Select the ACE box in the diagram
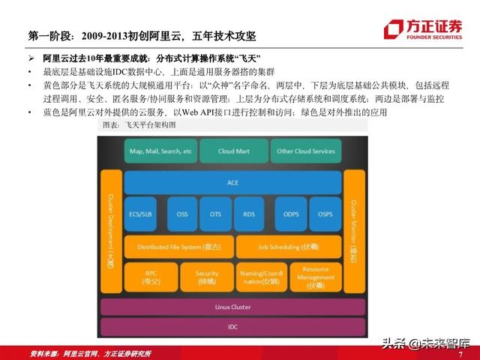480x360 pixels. click(x=232, y=182)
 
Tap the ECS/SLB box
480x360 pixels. click(x=140, y=214)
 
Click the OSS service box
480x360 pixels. click(x=182, y=214)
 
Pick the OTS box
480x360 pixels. click(x=215, y=214)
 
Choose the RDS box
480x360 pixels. click(x=249, y=214)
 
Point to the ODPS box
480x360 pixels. click(x=290, y=214)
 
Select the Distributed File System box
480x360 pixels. click(x=178, y=246)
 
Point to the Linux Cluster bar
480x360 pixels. click(x=232, y=307)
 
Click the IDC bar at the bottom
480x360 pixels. click(x=232, y=327)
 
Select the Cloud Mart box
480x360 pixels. click(x=232, y=151)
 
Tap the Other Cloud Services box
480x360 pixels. click(x=306, y=151)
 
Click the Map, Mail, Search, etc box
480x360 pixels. click(x=160, y=151)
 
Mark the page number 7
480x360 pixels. click(x=460, y=353)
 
